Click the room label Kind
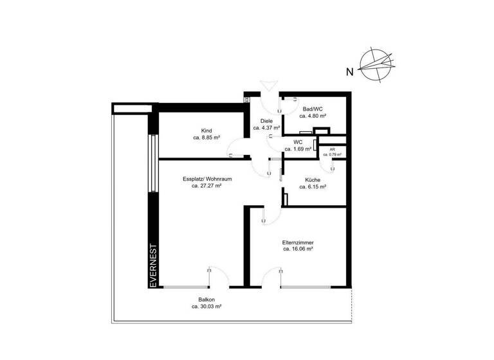[x=206, y=130]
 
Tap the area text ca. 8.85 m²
[x=206, y=138]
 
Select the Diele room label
[x=266, y=121]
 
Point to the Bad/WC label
[x=313, y=109]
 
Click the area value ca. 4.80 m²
[x=313, y=116]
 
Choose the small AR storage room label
[x=332, y=149]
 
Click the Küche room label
[x=313, y=180]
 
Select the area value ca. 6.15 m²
[x=313, y=187]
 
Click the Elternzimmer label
[x=298, y=242]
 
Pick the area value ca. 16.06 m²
[x=298, y=249]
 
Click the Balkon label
[x=206, y=300]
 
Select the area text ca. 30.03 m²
[x=206, y=307]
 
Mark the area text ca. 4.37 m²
[x=266, y=128]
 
